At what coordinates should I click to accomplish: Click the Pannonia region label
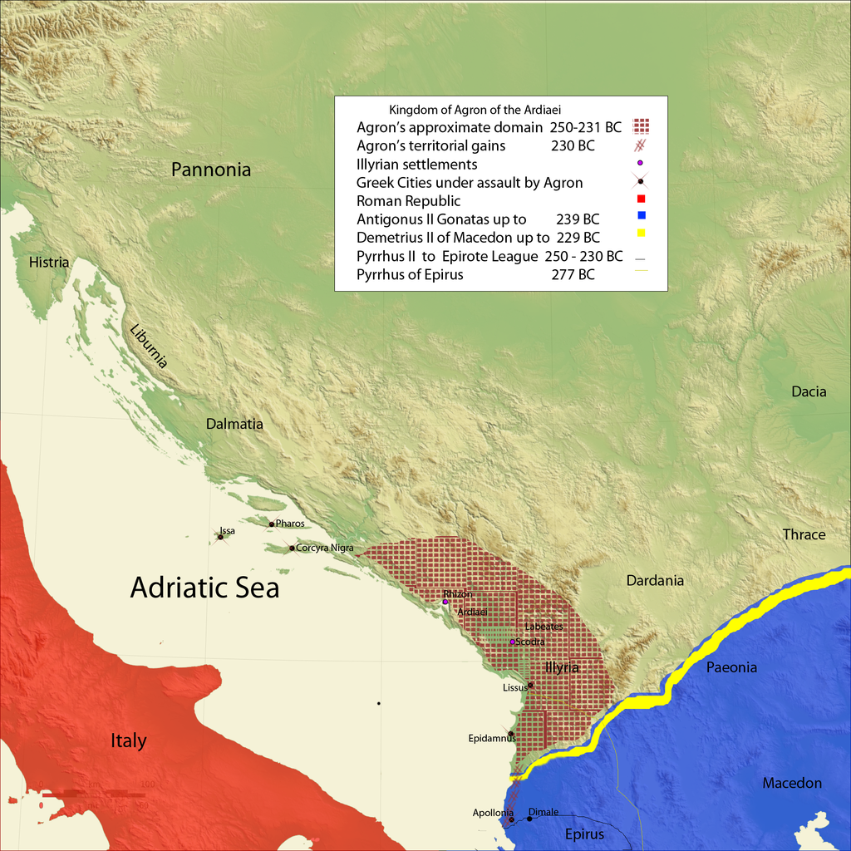click(211, 170)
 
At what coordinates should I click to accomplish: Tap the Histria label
click(49, 263)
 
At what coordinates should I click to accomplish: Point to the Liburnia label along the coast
click(150, 345)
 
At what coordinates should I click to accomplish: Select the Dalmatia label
click(234, 424)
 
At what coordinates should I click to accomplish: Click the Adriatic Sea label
click(204, 588)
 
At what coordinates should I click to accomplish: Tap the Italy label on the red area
click(129, 740)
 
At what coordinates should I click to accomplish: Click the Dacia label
click(809, 391)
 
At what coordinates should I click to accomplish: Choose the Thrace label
click(804, 534)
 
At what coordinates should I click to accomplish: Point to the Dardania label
click(655, 580)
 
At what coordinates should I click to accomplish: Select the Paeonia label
click(731, 667)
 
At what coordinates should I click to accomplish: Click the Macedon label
click(792, 783)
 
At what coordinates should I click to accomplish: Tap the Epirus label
click(584, 834)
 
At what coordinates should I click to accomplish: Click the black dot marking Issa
click(220, 537)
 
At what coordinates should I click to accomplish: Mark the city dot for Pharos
click(271, 524)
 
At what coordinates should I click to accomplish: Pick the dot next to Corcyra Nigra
click(292, 548)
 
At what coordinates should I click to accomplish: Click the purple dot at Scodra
click(512, 642)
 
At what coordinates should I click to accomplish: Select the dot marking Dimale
click(529, 819)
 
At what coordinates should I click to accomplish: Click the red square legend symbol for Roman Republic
click(641, 199)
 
